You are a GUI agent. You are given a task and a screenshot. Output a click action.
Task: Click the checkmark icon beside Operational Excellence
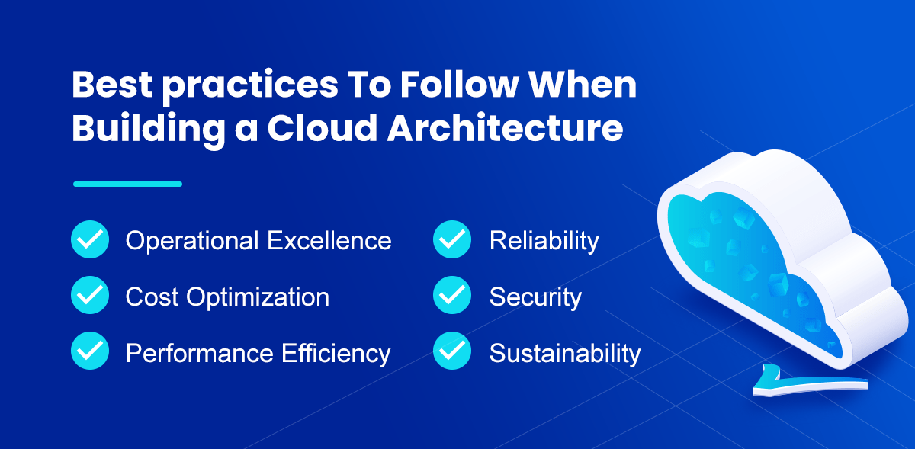(x=90, y=240)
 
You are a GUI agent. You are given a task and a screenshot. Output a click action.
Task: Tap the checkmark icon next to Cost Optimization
(x=90, y=296)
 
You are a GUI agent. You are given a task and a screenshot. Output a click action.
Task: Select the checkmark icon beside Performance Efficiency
(x=90, y=352)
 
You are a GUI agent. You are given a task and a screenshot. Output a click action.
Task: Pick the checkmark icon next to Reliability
(x=452, y=240)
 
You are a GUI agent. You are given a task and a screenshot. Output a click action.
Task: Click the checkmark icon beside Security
(x=452, y=296)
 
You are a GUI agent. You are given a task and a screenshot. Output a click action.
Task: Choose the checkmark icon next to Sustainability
(x=452, y=352)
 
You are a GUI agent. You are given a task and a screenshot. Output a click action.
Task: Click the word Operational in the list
(x=191, y=241)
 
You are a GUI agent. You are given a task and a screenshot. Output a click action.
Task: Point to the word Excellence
(x=329, y=241)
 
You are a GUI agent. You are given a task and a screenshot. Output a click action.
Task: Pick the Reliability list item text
(x=544, y=241)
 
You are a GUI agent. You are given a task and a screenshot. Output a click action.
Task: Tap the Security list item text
(x=535, y=297)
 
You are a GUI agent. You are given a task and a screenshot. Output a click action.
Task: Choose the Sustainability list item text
(x=564, y=354)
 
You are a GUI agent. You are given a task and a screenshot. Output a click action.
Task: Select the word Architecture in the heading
(x=505, y=127)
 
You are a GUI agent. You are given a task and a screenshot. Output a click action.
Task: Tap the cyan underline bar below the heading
(x=127, y=184)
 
